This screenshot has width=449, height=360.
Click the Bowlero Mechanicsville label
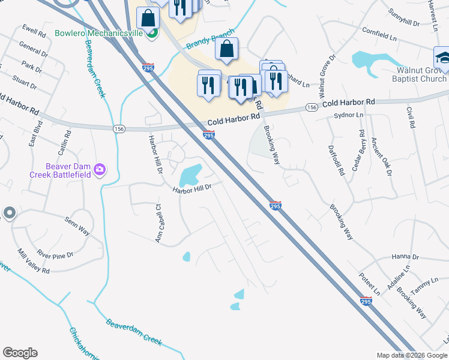click(x=98, y=33)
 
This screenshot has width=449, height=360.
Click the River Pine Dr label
click(x=55, y=255)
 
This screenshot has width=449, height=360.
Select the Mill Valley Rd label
click(x=34, y=261)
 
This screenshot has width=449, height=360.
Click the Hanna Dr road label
click(x=405, y=257)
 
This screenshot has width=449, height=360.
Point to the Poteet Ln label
click(x=370, y=283)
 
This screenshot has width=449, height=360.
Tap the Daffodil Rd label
click(x=337, y=160)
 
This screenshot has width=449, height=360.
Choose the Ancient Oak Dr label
click(x=381, y=157)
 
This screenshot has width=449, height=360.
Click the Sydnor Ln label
click(x=349, y=115)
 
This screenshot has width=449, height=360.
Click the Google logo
click(x=20, y=353)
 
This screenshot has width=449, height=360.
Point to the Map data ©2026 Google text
click(x=411, y=355)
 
